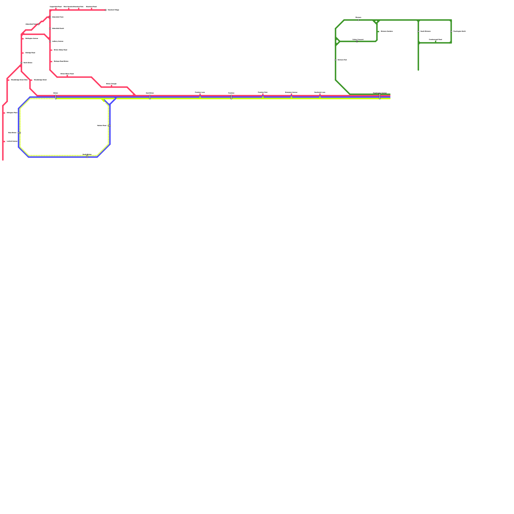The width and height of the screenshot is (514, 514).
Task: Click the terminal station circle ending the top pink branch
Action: pyautogui.click(x=106, y=10)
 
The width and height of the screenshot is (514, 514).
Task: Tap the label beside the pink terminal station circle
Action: pyautogui.click(x=113, y=10)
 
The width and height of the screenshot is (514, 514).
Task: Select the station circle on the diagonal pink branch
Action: pyautogui.click(x=39, y=24)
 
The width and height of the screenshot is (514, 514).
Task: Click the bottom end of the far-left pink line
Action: pyautogui.click(x=3, y=159)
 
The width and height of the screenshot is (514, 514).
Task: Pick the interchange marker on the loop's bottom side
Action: pyautogui.click(x=87, y=156)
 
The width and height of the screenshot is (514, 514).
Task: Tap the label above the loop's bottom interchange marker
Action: pyautogui.click(x=87, y=154)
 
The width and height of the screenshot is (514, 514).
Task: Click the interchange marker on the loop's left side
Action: pyautogui.click(x=19, y=133)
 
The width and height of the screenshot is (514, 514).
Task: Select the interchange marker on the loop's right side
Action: pyautogui.click(x=109, y=126)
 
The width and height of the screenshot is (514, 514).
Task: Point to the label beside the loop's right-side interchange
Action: pyautogui.click(x=102, y=126)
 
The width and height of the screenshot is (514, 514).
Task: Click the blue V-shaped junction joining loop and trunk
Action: pyautogui.click(x=110, y=104)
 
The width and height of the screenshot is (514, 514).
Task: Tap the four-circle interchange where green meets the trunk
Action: pyautogui.click(x=380, y=96)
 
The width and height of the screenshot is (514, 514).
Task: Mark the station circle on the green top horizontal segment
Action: pyautogui.click(x=359, y=20)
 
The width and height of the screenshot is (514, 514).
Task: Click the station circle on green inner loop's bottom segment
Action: pyautogui.click(x=357, y=41)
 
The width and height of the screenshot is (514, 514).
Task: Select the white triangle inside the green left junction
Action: pyautogui.click(x=337, y=41)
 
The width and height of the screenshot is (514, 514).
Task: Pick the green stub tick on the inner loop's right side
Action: pyautogui.click(x=378, y=31)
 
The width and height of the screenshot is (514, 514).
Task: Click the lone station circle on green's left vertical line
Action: pyautogui.click(x=336, y=60)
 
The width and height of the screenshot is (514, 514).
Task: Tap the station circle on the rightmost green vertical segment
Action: pyautogui.click(x=451, y=31)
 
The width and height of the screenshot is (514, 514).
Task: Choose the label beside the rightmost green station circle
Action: pyautogui.click(x=460, y=31)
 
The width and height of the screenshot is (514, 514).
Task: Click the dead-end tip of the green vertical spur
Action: pyautogui.click(x=418, y=70)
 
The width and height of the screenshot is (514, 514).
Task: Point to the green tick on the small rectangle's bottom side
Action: pyautogui.click(x=436, y=41)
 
